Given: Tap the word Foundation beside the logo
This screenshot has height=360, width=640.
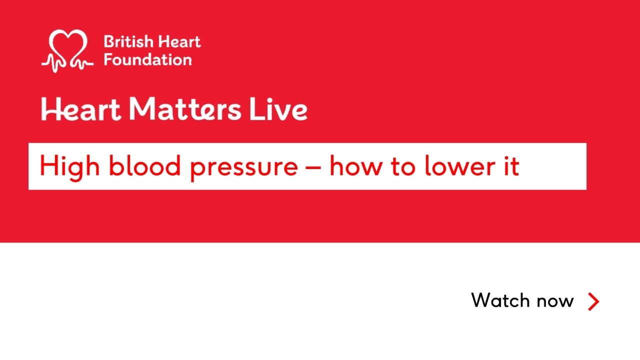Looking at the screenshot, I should pyautogui.click(x=147, y=60).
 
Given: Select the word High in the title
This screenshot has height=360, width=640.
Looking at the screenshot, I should pyautogui.click(x=69, y=166).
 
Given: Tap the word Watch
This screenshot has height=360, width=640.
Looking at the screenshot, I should pyautogui.click(x=501, y=300).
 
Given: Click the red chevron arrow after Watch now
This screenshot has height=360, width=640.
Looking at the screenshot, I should pyautogui.click(x=593, y=301).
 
